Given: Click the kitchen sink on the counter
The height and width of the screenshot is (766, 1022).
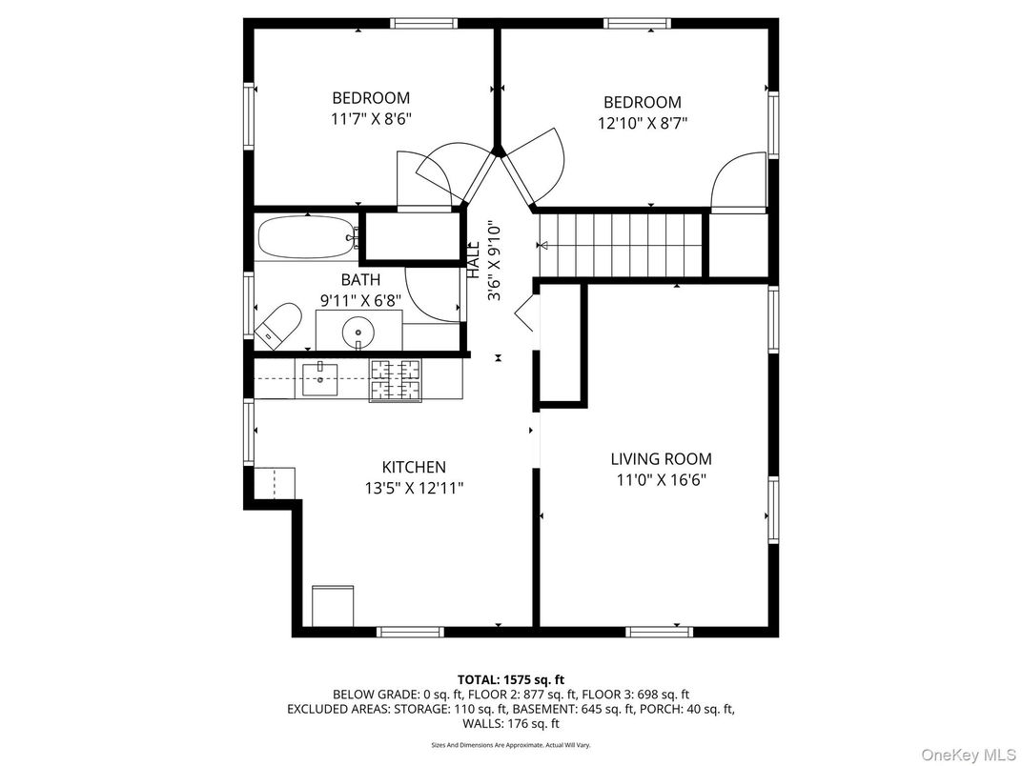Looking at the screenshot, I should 321,378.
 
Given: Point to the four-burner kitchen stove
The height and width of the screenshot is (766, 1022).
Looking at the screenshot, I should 395,380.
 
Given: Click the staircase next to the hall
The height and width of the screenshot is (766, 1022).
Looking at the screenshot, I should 621,244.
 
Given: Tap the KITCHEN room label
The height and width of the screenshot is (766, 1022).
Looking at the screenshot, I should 414,467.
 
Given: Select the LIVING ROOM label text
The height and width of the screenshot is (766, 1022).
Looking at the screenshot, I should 661,458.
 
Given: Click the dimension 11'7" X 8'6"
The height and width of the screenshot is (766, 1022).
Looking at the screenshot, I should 371,118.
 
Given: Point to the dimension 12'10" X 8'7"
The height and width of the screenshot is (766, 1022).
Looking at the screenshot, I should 643,123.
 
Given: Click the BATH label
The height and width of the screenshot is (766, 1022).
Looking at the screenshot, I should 360,279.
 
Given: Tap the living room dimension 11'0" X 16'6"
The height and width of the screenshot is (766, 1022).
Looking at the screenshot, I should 661,479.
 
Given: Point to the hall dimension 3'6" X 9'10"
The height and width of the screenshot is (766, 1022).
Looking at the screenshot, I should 494,262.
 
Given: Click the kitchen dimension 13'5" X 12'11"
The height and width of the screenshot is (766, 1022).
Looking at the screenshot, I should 414,487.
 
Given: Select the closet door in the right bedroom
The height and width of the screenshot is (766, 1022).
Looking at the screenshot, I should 737,181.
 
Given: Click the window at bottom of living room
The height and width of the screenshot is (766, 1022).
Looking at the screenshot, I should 660,632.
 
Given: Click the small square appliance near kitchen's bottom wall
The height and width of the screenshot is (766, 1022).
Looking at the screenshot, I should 333,605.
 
